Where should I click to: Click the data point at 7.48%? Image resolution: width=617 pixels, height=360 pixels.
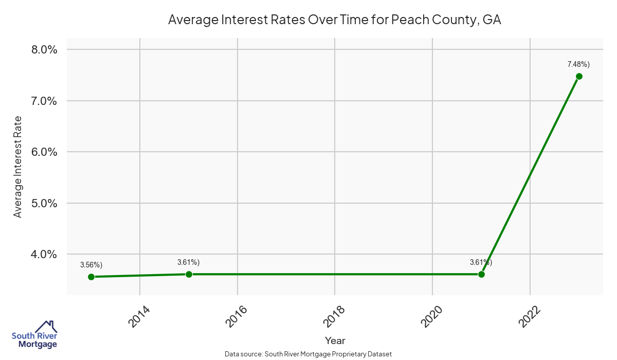pos(579,76)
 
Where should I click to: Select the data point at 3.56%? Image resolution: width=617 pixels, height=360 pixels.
pos(91,277)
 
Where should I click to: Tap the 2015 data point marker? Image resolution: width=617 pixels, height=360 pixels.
pos(189,274)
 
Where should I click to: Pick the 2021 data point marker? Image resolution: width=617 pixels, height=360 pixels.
pos(481,274)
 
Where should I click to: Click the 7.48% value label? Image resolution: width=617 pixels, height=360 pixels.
pos(578,64)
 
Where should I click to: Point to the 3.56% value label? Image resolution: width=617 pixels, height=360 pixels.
pos(91,265)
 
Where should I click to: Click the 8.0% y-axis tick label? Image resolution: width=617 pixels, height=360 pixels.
pos(41,50)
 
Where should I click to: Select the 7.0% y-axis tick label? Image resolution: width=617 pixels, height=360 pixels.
pos(41,101)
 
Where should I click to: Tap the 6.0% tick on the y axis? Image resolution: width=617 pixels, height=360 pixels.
pos(41,152)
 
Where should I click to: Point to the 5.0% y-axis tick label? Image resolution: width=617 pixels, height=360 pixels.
pos(41,203)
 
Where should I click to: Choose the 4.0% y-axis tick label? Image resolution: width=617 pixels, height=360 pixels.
pos(41,254)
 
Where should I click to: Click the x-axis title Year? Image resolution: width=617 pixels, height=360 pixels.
pos(335,340)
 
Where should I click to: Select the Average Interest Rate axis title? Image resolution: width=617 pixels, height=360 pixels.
pos(18,167)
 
